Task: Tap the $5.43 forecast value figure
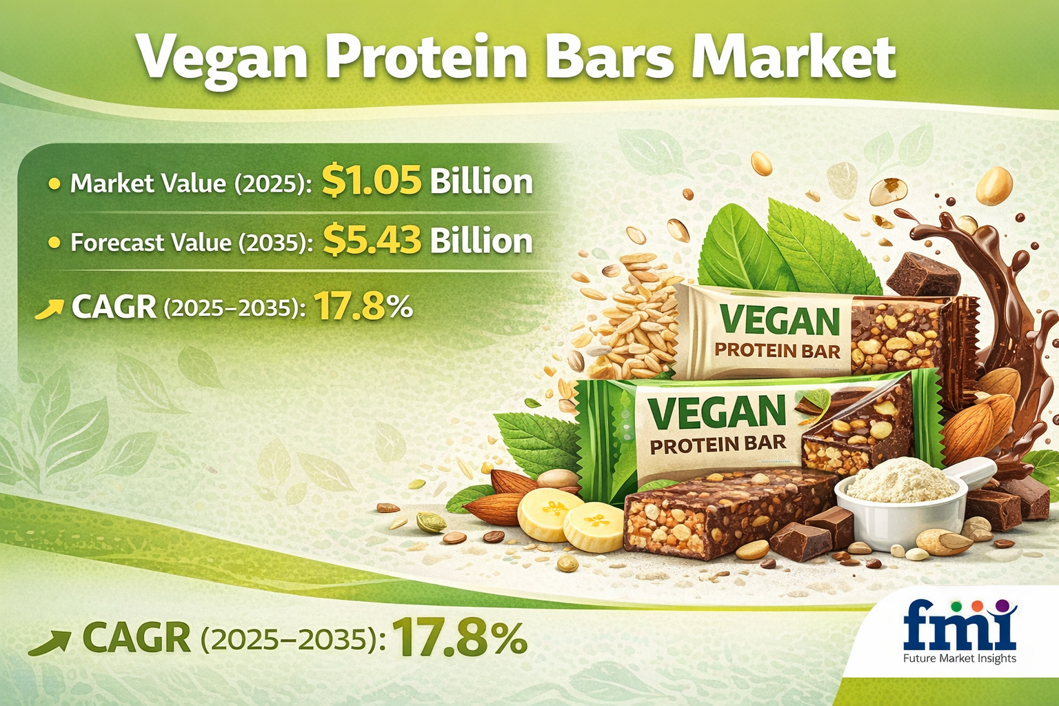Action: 372,241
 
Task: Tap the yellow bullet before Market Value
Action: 54,183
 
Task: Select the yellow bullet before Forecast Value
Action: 54,243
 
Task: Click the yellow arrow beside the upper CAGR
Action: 49,310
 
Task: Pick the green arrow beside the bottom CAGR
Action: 50,643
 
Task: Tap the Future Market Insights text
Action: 960,658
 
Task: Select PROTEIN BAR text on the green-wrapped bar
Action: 718,444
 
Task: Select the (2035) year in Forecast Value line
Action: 275,243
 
